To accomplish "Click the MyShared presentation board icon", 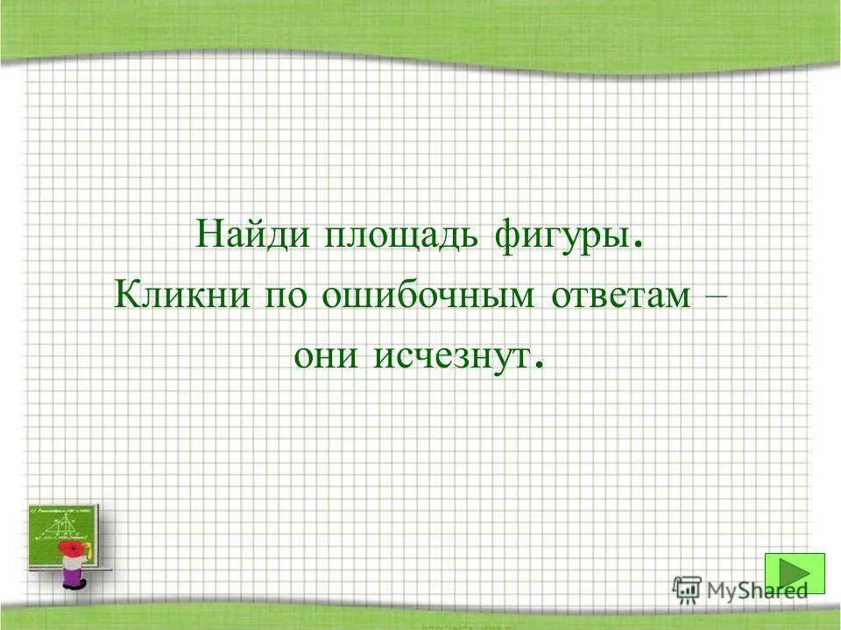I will point(685,590).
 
